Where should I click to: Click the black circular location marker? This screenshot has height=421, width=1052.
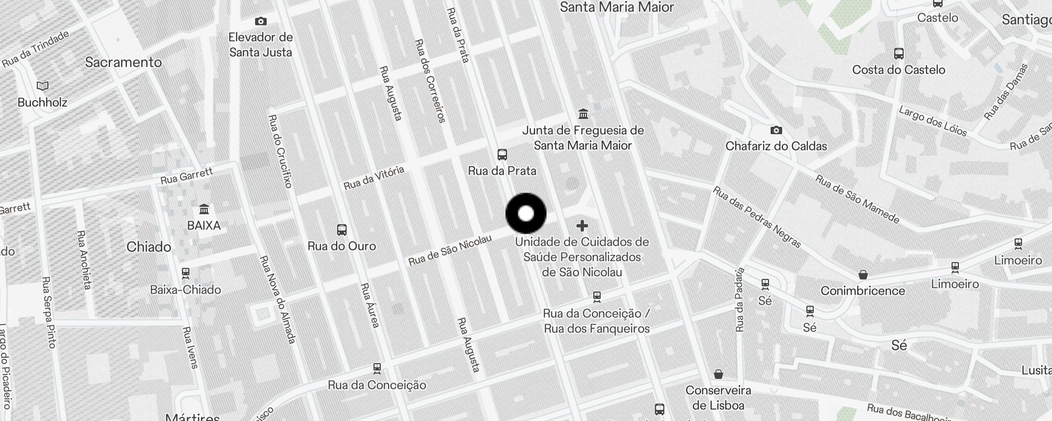pyautogui.click(x=526, y=214)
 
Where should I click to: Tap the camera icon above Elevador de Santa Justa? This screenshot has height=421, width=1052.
pyautogui.click(x=260, y=22)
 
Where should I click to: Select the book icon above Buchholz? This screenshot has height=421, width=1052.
pyautogui.click(x=43, y=86)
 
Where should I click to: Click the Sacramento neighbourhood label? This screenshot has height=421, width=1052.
pyautogui.click(x=123, y=62)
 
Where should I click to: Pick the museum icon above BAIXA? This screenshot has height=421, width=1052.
pyautogui.click(x=204, y=209)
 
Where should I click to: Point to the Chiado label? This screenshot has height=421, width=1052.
pyautogui.click(x=149, y=247)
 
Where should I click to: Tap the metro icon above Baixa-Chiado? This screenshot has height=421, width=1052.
pyautogui.click(x=186, y=273)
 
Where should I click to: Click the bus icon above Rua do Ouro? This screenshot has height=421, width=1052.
pyautogui.click(x=341, y=230)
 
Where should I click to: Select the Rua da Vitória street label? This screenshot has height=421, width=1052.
pyautogui.click(x=374, y=178)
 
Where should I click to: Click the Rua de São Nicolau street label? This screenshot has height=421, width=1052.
pyautogui.click(x=450, y=250)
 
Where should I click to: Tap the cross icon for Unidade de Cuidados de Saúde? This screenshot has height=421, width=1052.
pyautogui.click(x=582, y=226)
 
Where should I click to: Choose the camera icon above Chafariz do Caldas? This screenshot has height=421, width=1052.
pyautogui.click(x=776, y=130)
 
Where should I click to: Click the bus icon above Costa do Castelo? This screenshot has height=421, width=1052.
pyautogui.click(x=898, y=54)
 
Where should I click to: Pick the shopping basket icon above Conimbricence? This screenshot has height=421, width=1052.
pyautogui.click(x=863, y=275)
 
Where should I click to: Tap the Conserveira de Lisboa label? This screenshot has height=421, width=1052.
pyautogui.click(x=718, y=398)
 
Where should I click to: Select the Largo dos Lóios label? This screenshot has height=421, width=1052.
pyautogui.click(x=933, y=121)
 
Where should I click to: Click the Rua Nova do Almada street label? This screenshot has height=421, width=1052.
pyautogui.click(x=277, y=299)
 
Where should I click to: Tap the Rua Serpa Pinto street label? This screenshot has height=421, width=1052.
pyautogui.click(x=48, y=312)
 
